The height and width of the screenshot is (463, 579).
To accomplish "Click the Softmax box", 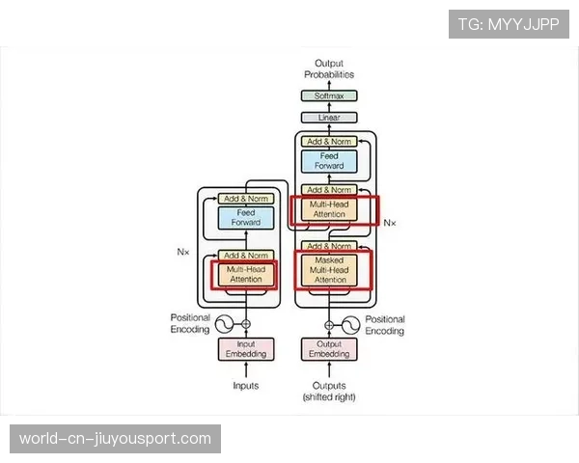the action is pyautogui.click(x=329, y=95).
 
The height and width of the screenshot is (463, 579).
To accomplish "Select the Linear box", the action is pyautogui.click(x=329, y=118).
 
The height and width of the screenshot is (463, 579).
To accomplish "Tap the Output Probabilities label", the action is pyautogui.click(x=329, y=68).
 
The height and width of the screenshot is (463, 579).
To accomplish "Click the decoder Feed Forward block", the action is pyautogui.click(x=329, y=161).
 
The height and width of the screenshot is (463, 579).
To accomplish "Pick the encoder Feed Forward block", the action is pyautogui.click(x=246, y=217).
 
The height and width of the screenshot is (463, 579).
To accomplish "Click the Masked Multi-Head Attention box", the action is pyautogui.click(x=329, y=270).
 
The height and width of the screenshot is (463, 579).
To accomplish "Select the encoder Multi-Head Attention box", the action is pyautogui.click(x=246, y=274).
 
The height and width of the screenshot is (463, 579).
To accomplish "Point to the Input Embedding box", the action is pyautogui.click(x=246, y=349).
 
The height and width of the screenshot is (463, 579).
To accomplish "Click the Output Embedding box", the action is pyautogui.click(x=329, y=349).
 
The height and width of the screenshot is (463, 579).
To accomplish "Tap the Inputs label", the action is pyautogui.click(x=245, y=386).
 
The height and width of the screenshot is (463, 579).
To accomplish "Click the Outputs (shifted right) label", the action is pyautogui.click(x=329, y=392).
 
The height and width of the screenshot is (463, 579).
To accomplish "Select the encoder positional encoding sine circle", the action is pyautogui.click(x=224, y=324).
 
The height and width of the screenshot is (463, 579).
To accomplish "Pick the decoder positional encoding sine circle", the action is pyautogui.click(x=351, y=325).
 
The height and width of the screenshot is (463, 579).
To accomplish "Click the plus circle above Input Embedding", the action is pyautogui.click(x=246, y=324).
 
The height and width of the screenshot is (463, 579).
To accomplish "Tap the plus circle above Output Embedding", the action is pyautogui.click(x=329, y=325).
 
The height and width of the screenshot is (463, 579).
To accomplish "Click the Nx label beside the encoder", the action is pyautogui.click(x=183, y=252).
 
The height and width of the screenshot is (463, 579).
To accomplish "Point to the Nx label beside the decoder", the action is pyautogui.click(x=390, y=223).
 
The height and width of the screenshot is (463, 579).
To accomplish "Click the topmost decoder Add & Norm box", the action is pyautogui.click(x=329, y=142).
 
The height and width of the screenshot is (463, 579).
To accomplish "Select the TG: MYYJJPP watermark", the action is pyautogui.click(x=509, y=24).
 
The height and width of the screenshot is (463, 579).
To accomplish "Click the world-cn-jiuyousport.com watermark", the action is pyautogui.click(x=115, y=439).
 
